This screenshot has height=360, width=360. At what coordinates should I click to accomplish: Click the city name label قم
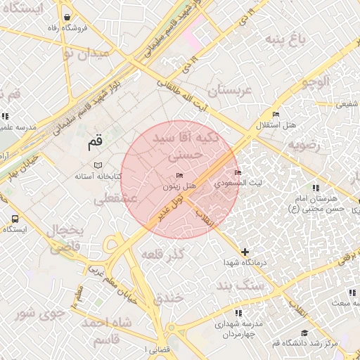(95, 143)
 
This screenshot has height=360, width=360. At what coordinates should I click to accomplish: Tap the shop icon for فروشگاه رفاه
(66, 17)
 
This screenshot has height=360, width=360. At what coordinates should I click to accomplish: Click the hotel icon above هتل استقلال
(276, 114)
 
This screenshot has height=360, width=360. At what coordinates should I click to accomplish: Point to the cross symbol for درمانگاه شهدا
(245, 251)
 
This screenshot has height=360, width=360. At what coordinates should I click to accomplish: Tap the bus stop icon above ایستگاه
(15, 219)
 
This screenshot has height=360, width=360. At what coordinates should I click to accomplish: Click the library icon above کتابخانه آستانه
(97, 165)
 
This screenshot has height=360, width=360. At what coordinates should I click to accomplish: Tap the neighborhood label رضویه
(303, 145)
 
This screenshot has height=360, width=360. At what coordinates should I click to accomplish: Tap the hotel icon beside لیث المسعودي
(238, 172)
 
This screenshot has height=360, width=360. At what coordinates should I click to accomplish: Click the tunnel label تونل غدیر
(172, 205)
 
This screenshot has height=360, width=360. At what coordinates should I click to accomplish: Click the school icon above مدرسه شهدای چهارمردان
(238, 312)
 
